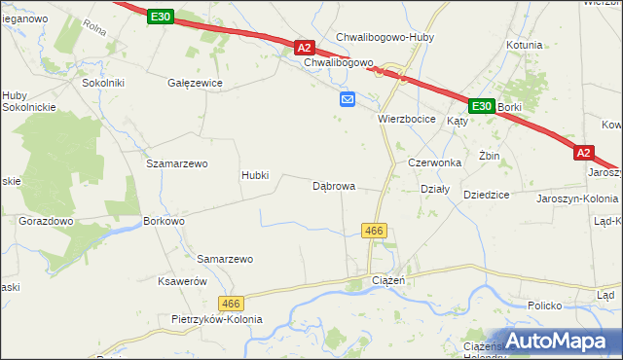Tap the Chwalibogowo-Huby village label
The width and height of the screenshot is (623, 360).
point(385,38)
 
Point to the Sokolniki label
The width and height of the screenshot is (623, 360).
point(103,84)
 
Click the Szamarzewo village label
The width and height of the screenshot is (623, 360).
point(177,164)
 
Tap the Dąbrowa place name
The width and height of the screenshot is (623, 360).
point(333,186)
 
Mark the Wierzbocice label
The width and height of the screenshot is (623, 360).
point(410,119)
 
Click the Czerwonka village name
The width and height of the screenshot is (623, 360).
point(433,162)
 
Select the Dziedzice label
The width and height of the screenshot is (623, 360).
point(487,195)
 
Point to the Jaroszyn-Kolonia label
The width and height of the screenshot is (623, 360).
point(577,198)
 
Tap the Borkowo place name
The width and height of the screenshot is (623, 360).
point(164,222)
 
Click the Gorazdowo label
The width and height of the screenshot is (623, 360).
point(47,222)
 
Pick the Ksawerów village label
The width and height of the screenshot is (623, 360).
point(183,281)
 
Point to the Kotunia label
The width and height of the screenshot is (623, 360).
point(524,45)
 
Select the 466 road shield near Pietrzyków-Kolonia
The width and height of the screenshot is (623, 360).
point(230,304)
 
